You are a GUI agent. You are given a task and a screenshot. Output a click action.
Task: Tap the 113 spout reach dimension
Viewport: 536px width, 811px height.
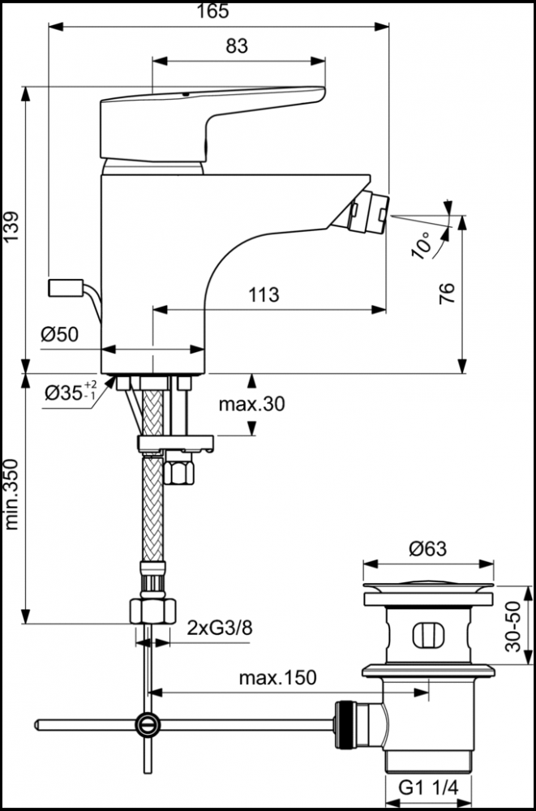263,294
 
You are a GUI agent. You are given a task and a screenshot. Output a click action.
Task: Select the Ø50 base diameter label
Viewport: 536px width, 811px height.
59,334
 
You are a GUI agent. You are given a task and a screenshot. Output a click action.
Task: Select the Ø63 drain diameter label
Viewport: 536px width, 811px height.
428,549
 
